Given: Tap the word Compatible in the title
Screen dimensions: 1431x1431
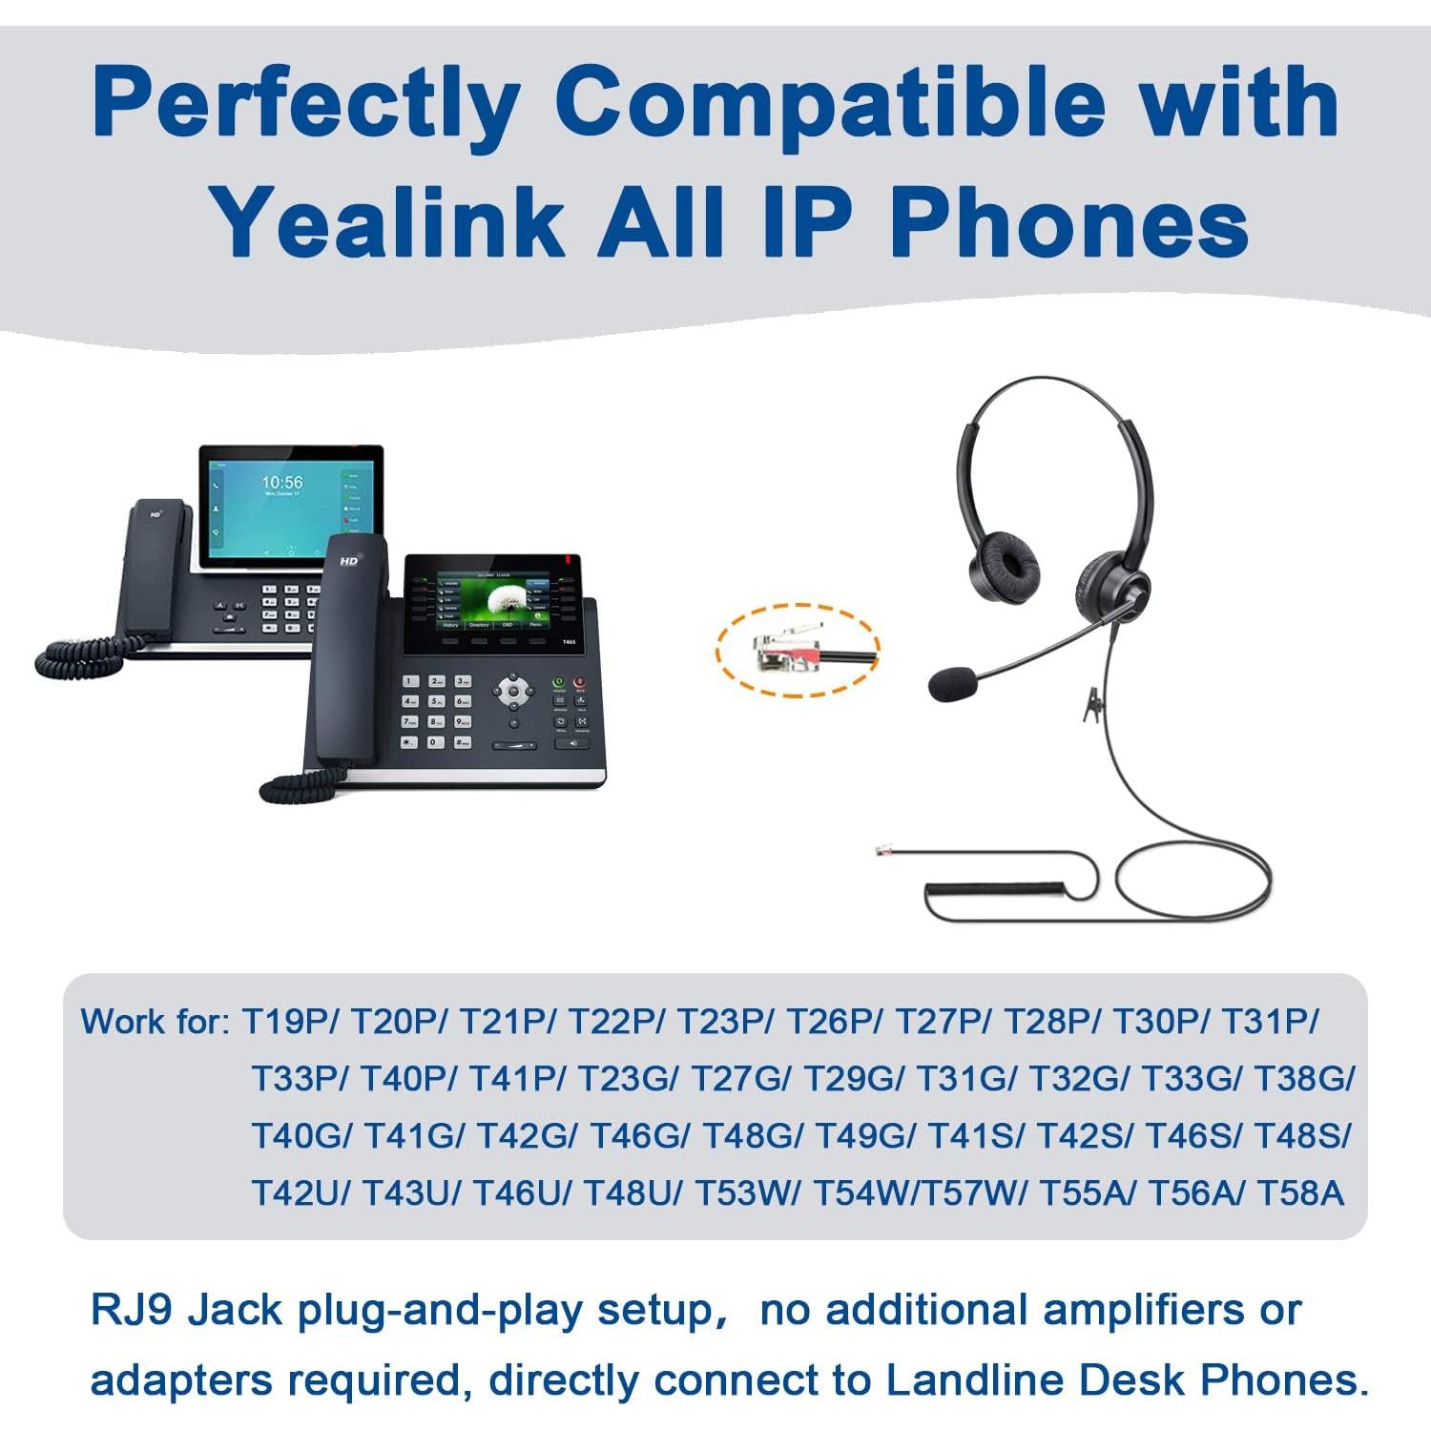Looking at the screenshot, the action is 829,102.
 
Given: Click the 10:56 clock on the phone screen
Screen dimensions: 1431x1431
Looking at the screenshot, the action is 282,483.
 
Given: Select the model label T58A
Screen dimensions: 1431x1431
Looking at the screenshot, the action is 1300,1193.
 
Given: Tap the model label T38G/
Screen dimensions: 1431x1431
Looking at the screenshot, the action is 1303,1079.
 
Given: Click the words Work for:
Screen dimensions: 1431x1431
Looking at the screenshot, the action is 156,1022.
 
